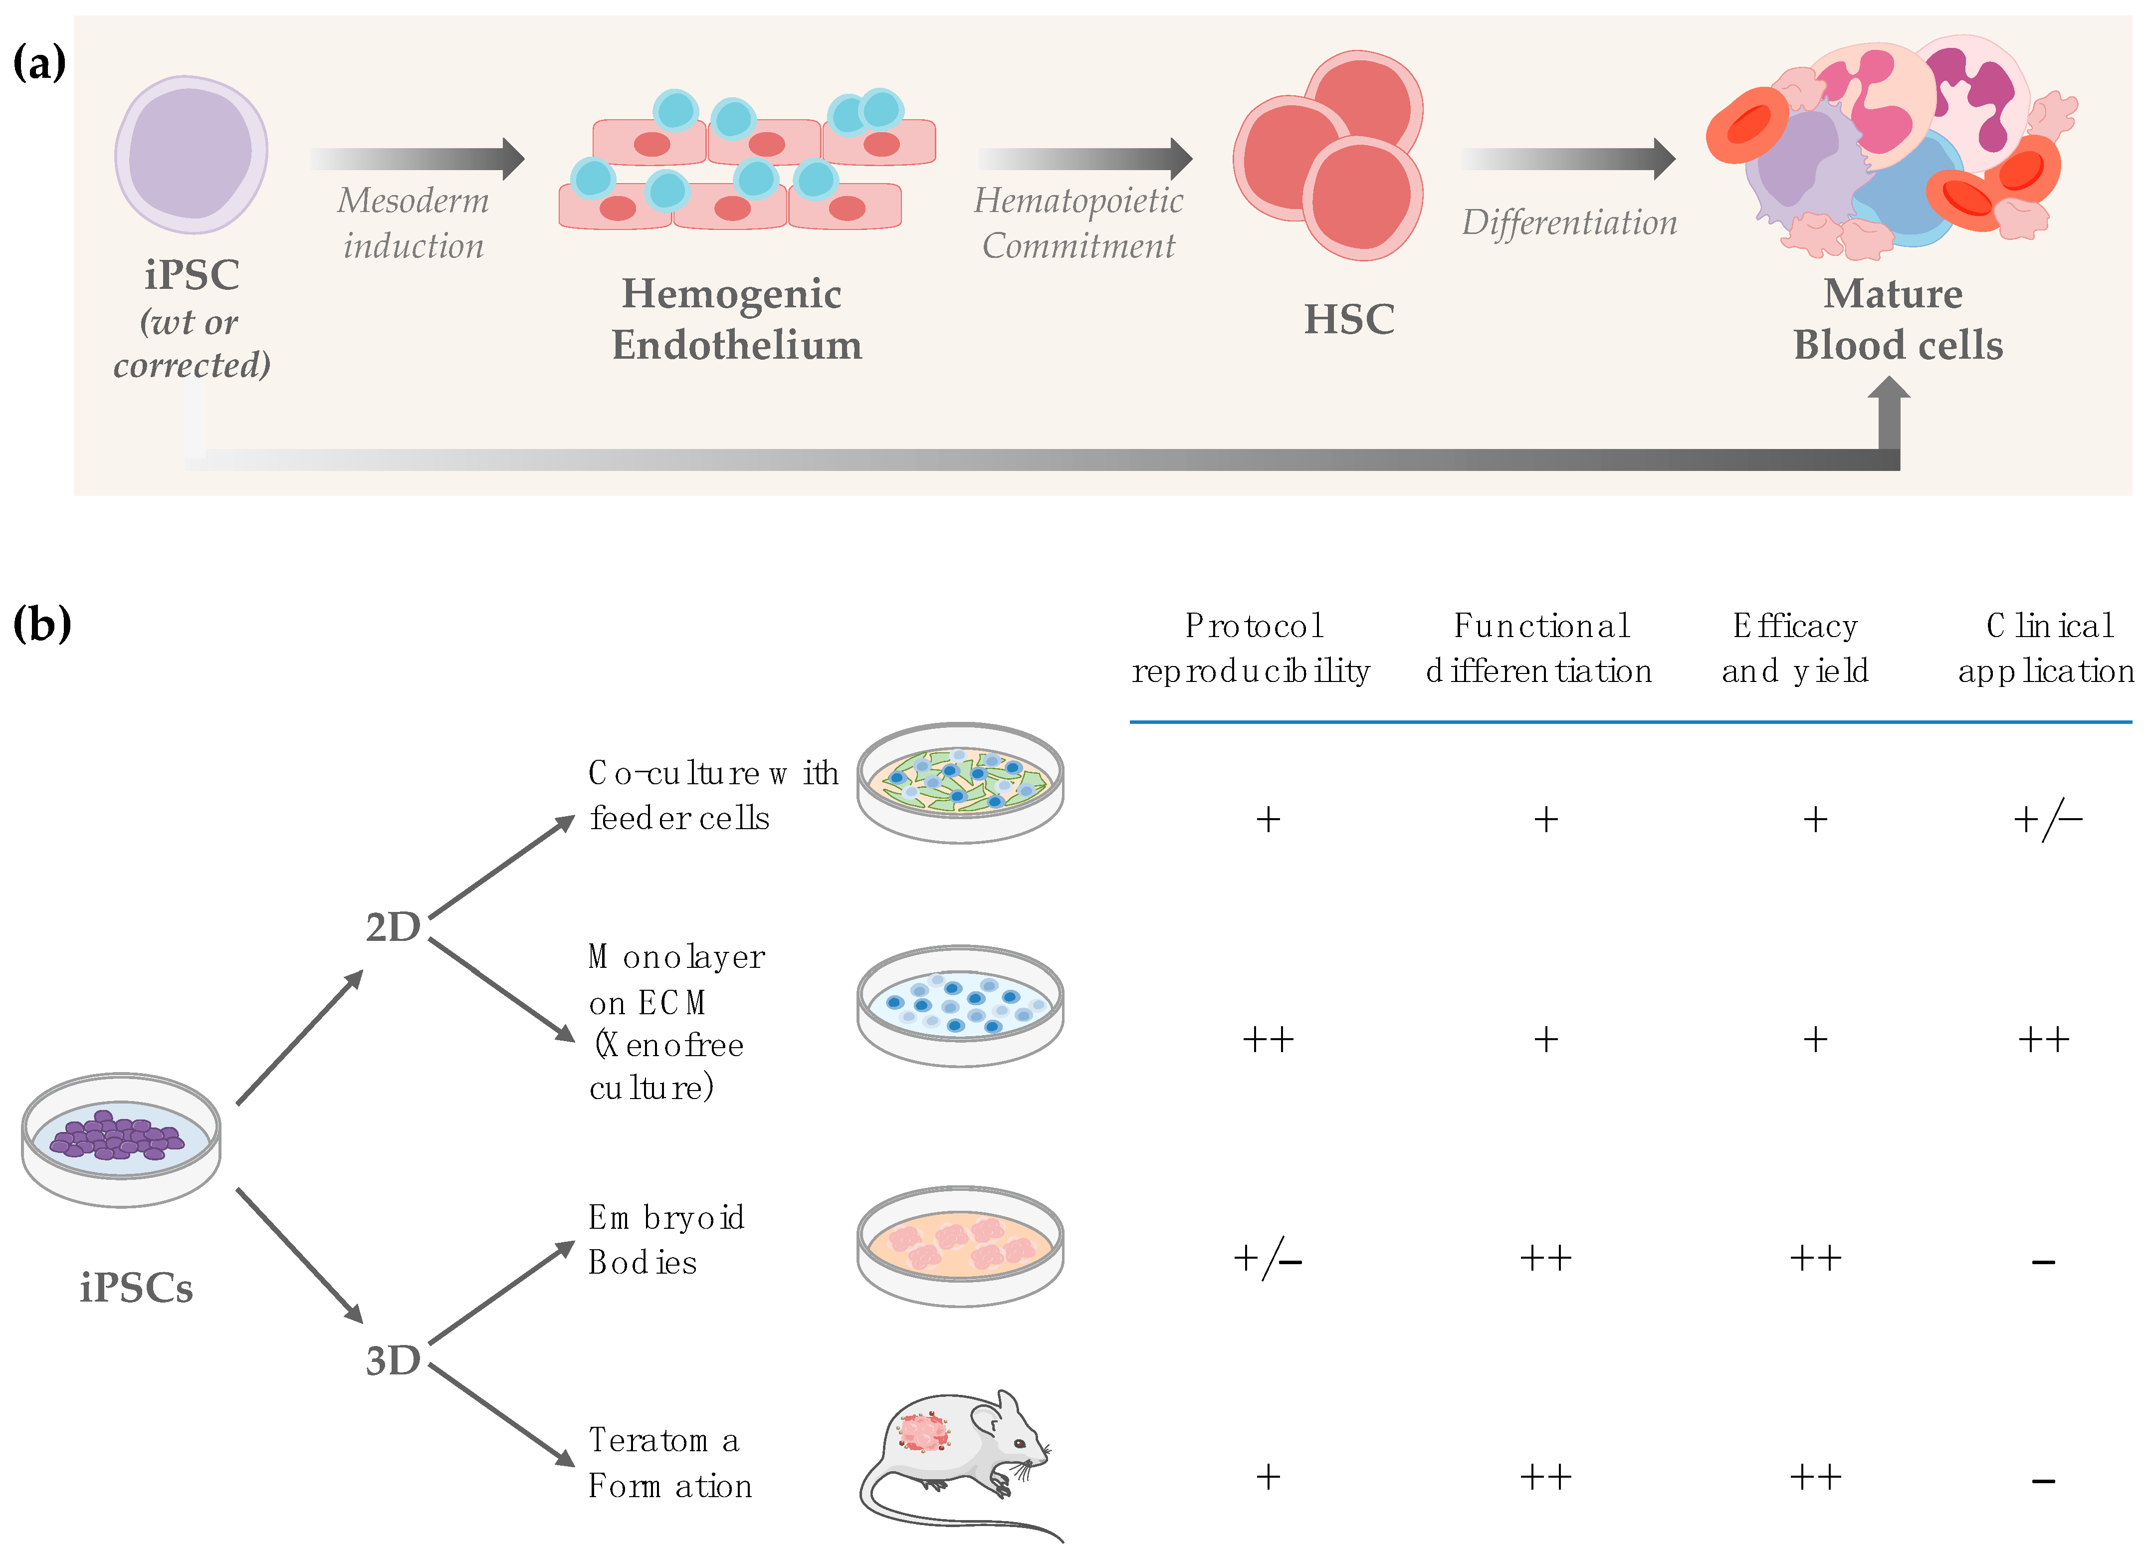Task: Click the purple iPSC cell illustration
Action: coord(192,155)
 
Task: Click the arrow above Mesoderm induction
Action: coord(417,158)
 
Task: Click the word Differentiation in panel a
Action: coord(1569,223)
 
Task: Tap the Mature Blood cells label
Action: coord(1897,319)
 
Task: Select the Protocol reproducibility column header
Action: coord(1251,648)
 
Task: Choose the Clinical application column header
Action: coord(2046,648)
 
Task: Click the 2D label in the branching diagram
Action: coord(393,927)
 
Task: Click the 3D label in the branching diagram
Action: coord(393,1360)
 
